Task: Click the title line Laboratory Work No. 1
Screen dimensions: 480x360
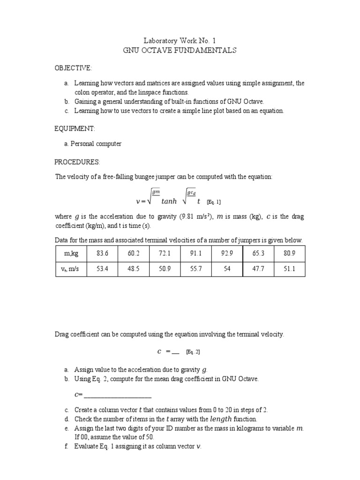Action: click(x=180, y=41)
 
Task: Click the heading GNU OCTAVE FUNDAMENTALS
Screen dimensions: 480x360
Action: click(x=180, y=50)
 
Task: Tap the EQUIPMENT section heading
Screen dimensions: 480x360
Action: click(x=75, y=128)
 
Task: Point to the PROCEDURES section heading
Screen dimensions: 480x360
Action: click(x=77, y=162)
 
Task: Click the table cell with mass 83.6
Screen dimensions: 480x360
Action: click(x=102, y=254)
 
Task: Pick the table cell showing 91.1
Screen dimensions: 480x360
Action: click(x=196, y=254)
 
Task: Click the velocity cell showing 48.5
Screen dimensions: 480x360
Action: click(x=133, y=270)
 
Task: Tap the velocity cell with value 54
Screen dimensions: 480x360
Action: click(x=227, y=270)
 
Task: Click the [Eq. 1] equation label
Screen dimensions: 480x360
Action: click(x=213, y=202)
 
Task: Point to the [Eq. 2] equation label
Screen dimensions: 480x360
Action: click(x=193, y=352)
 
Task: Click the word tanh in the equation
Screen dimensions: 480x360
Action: click(x=169, y=202)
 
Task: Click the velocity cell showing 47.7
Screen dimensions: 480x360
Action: click(x=258, y=270)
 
